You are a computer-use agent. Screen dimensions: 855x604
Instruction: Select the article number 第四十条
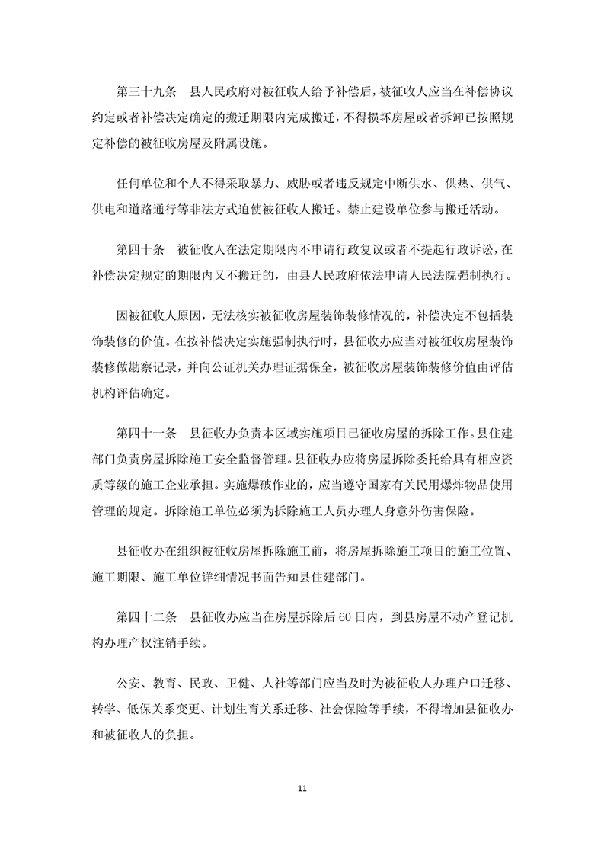[140, 248]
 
